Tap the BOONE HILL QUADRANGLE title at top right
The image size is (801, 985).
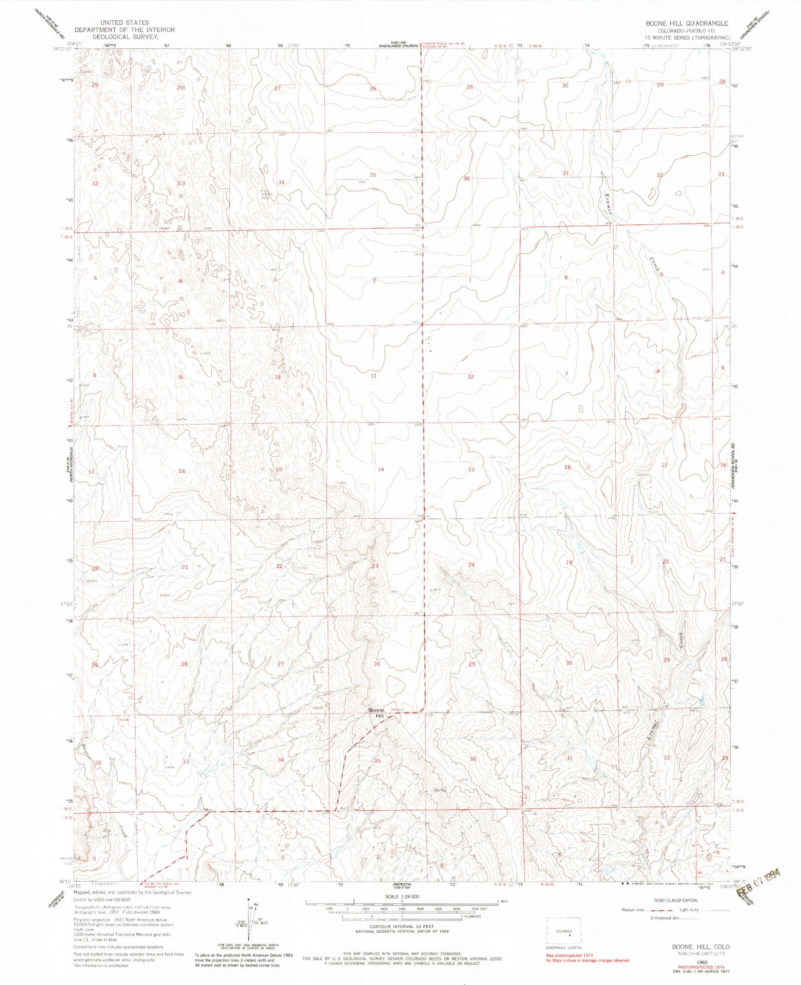click(x=686, y=24)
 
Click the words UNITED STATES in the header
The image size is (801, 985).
click(x=125, y=23)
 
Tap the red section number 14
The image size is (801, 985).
click(x=381, y=469)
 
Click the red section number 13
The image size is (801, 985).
click(x=471, y=469)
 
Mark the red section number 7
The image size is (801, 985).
click(x=566, y=374)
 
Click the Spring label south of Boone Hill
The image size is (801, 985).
click(x=440, y=791)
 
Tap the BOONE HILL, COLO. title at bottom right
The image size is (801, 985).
click(x=701, y=947)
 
